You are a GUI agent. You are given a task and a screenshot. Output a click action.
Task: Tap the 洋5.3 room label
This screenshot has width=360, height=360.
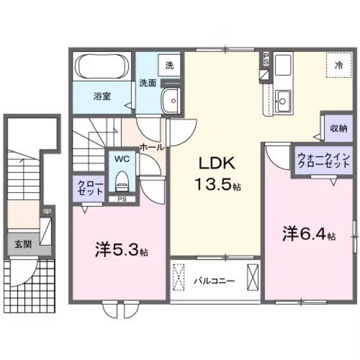pyautogui.click(x=122, y=249)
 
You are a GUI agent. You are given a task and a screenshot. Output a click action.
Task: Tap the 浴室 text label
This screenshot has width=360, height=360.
pyautogui.click(x=102, y=96)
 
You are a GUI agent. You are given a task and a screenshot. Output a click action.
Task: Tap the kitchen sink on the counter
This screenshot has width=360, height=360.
pyautogui.click(x=283, y=99)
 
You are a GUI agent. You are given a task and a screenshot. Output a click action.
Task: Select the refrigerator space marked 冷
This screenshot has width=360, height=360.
pyautogui.click(x=338, y=64)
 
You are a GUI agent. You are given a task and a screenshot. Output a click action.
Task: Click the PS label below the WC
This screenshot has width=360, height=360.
pyautogui.click(x=120, y=199)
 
